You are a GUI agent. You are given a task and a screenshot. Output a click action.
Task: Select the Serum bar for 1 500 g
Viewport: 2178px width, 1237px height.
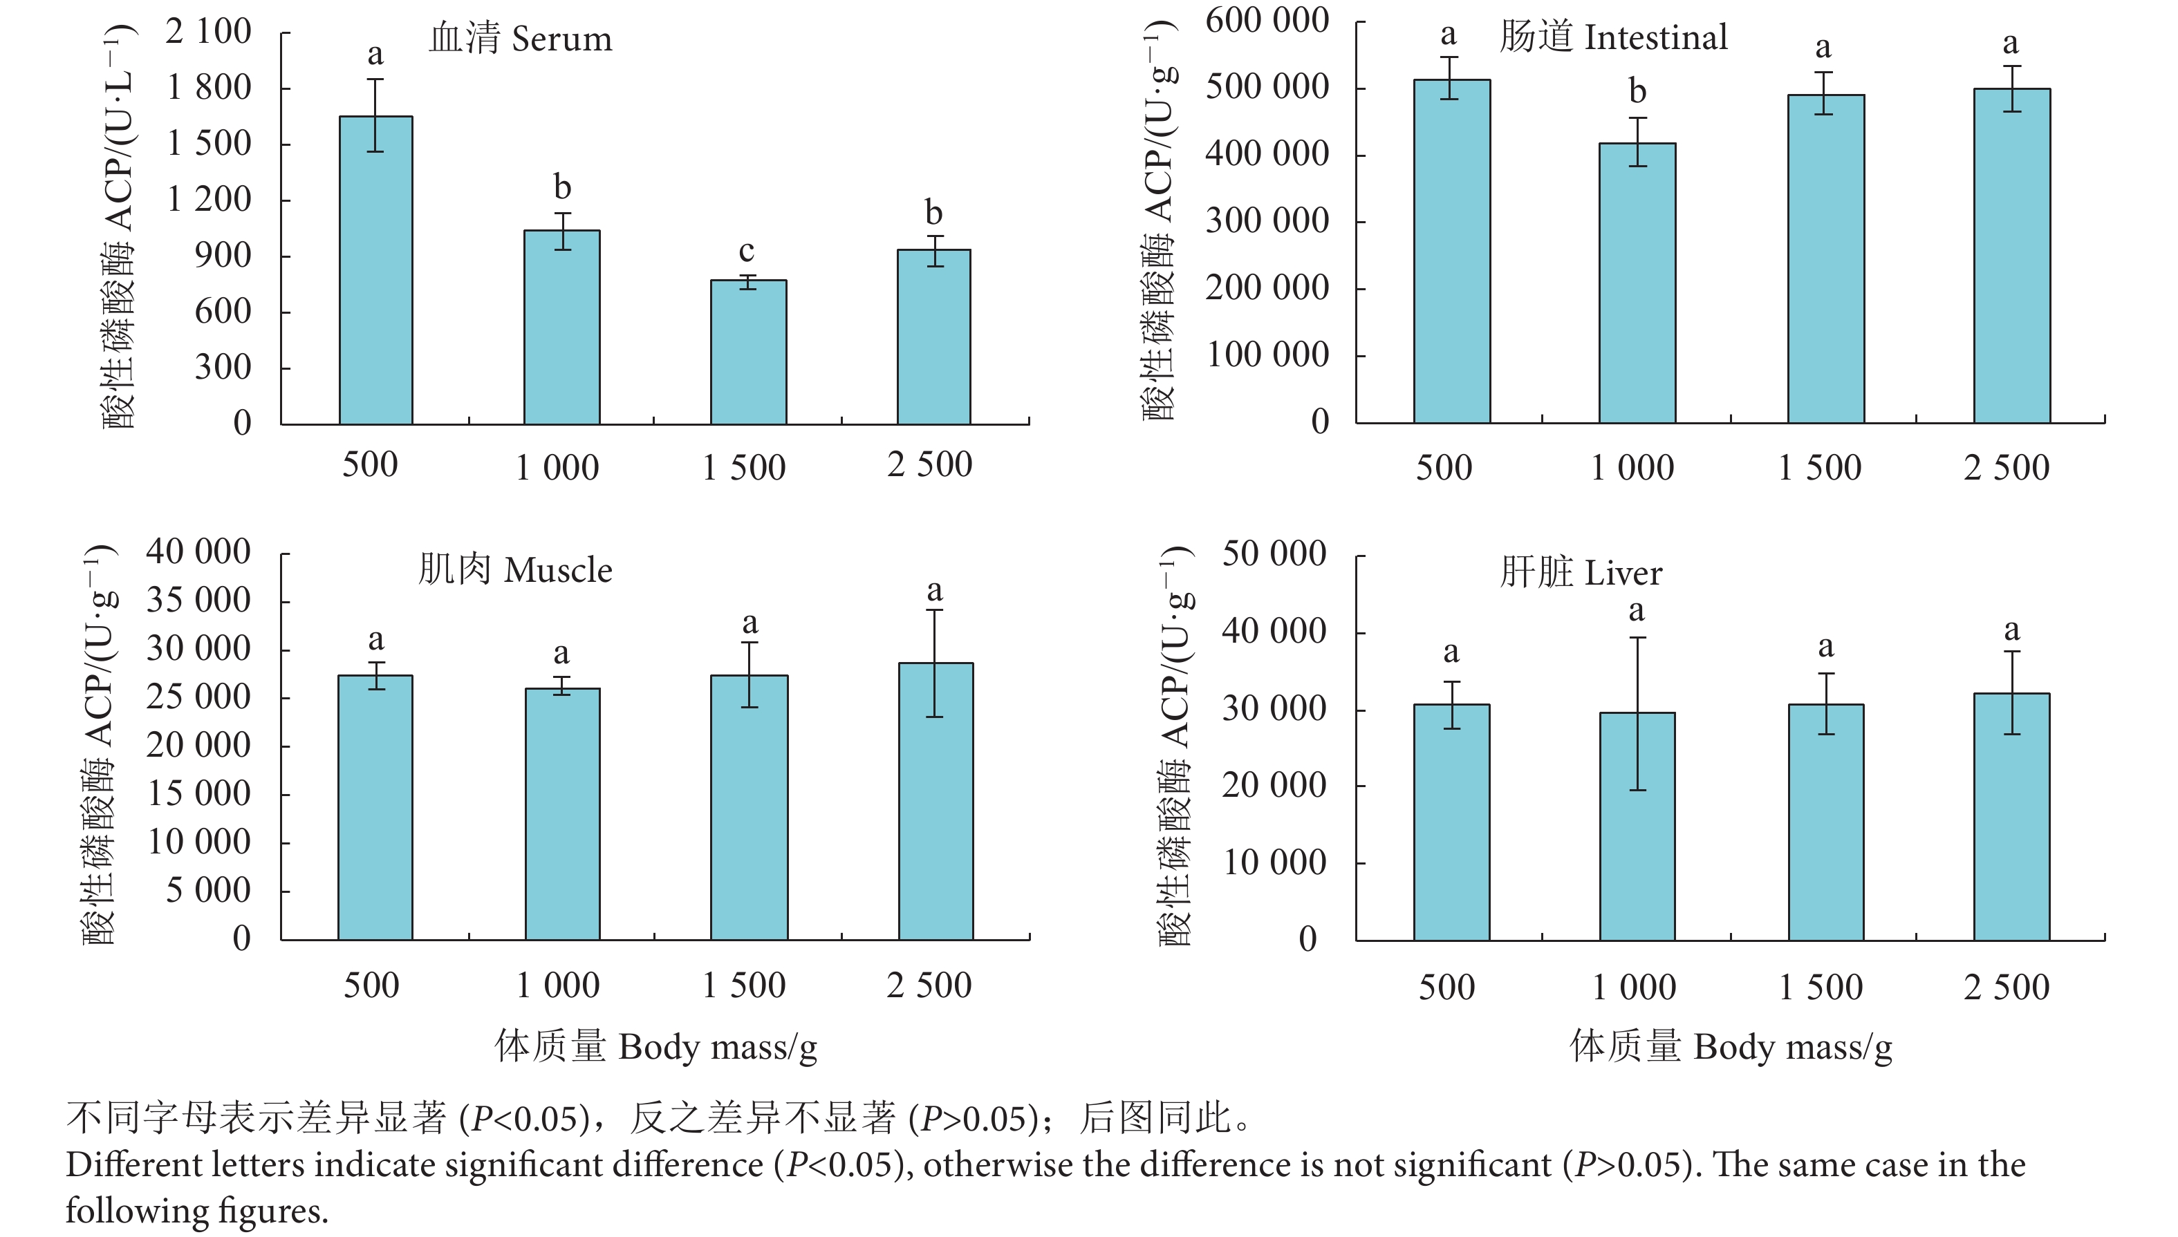click(x=748, y=352)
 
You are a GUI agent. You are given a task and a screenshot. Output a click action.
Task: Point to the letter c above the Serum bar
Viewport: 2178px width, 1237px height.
click(x=746, y=251)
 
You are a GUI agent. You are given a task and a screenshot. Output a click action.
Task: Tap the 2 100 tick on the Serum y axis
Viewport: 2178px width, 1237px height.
click(x=208, y=32)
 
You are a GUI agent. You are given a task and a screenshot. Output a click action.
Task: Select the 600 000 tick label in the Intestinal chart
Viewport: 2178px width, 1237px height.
click(x=1266, y=21)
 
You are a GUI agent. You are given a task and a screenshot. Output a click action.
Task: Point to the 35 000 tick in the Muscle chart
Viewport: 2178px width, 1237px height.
click(x=198, y=601)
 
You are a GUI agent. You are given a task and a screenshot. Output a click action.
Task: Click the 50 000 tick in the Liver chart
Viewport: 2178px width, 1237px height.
click(x=1273, y=554)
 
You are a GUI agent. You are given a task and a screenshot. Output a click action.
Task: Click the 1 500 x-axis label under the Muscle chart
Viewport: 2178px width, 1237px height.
click(x=743, y=985)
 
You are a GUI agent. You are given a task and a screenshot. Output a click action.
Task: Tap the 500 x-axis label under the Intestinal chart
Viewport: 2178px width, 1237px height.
click(x=1443, y=467)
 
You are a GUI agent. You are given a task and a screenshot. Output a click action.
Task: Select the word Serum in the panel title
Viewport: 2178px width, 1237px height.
click(x=561, y=39)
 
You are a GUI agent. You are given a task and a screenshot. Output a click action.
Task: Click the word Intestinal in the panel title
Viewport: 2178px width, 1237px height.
click(x=1655, y=37)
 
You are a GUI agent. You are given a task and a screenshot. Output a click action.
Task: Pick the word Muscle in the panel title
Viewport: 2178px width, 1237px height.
click(x=557, y=570)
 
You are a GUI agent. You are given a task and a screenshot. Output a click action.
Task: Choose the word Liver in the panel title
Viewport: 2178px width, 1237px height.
click(x=1622, y=574)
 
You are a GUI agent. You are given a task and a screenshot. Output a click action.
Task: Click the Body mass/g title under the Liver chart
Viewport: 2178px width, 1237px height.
click(x=1792, y=1047)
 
